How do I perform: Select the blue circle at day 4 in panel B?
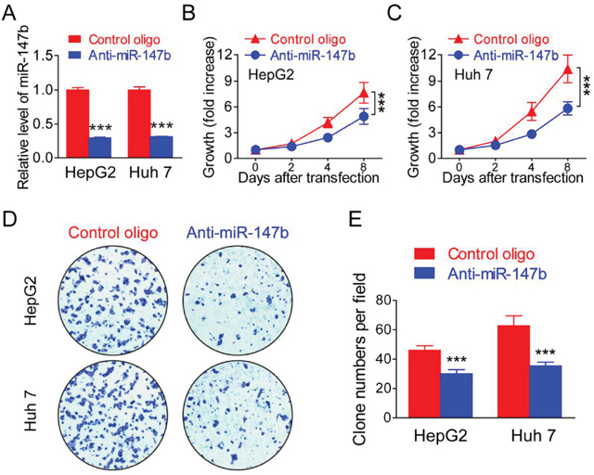(328, 137)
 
